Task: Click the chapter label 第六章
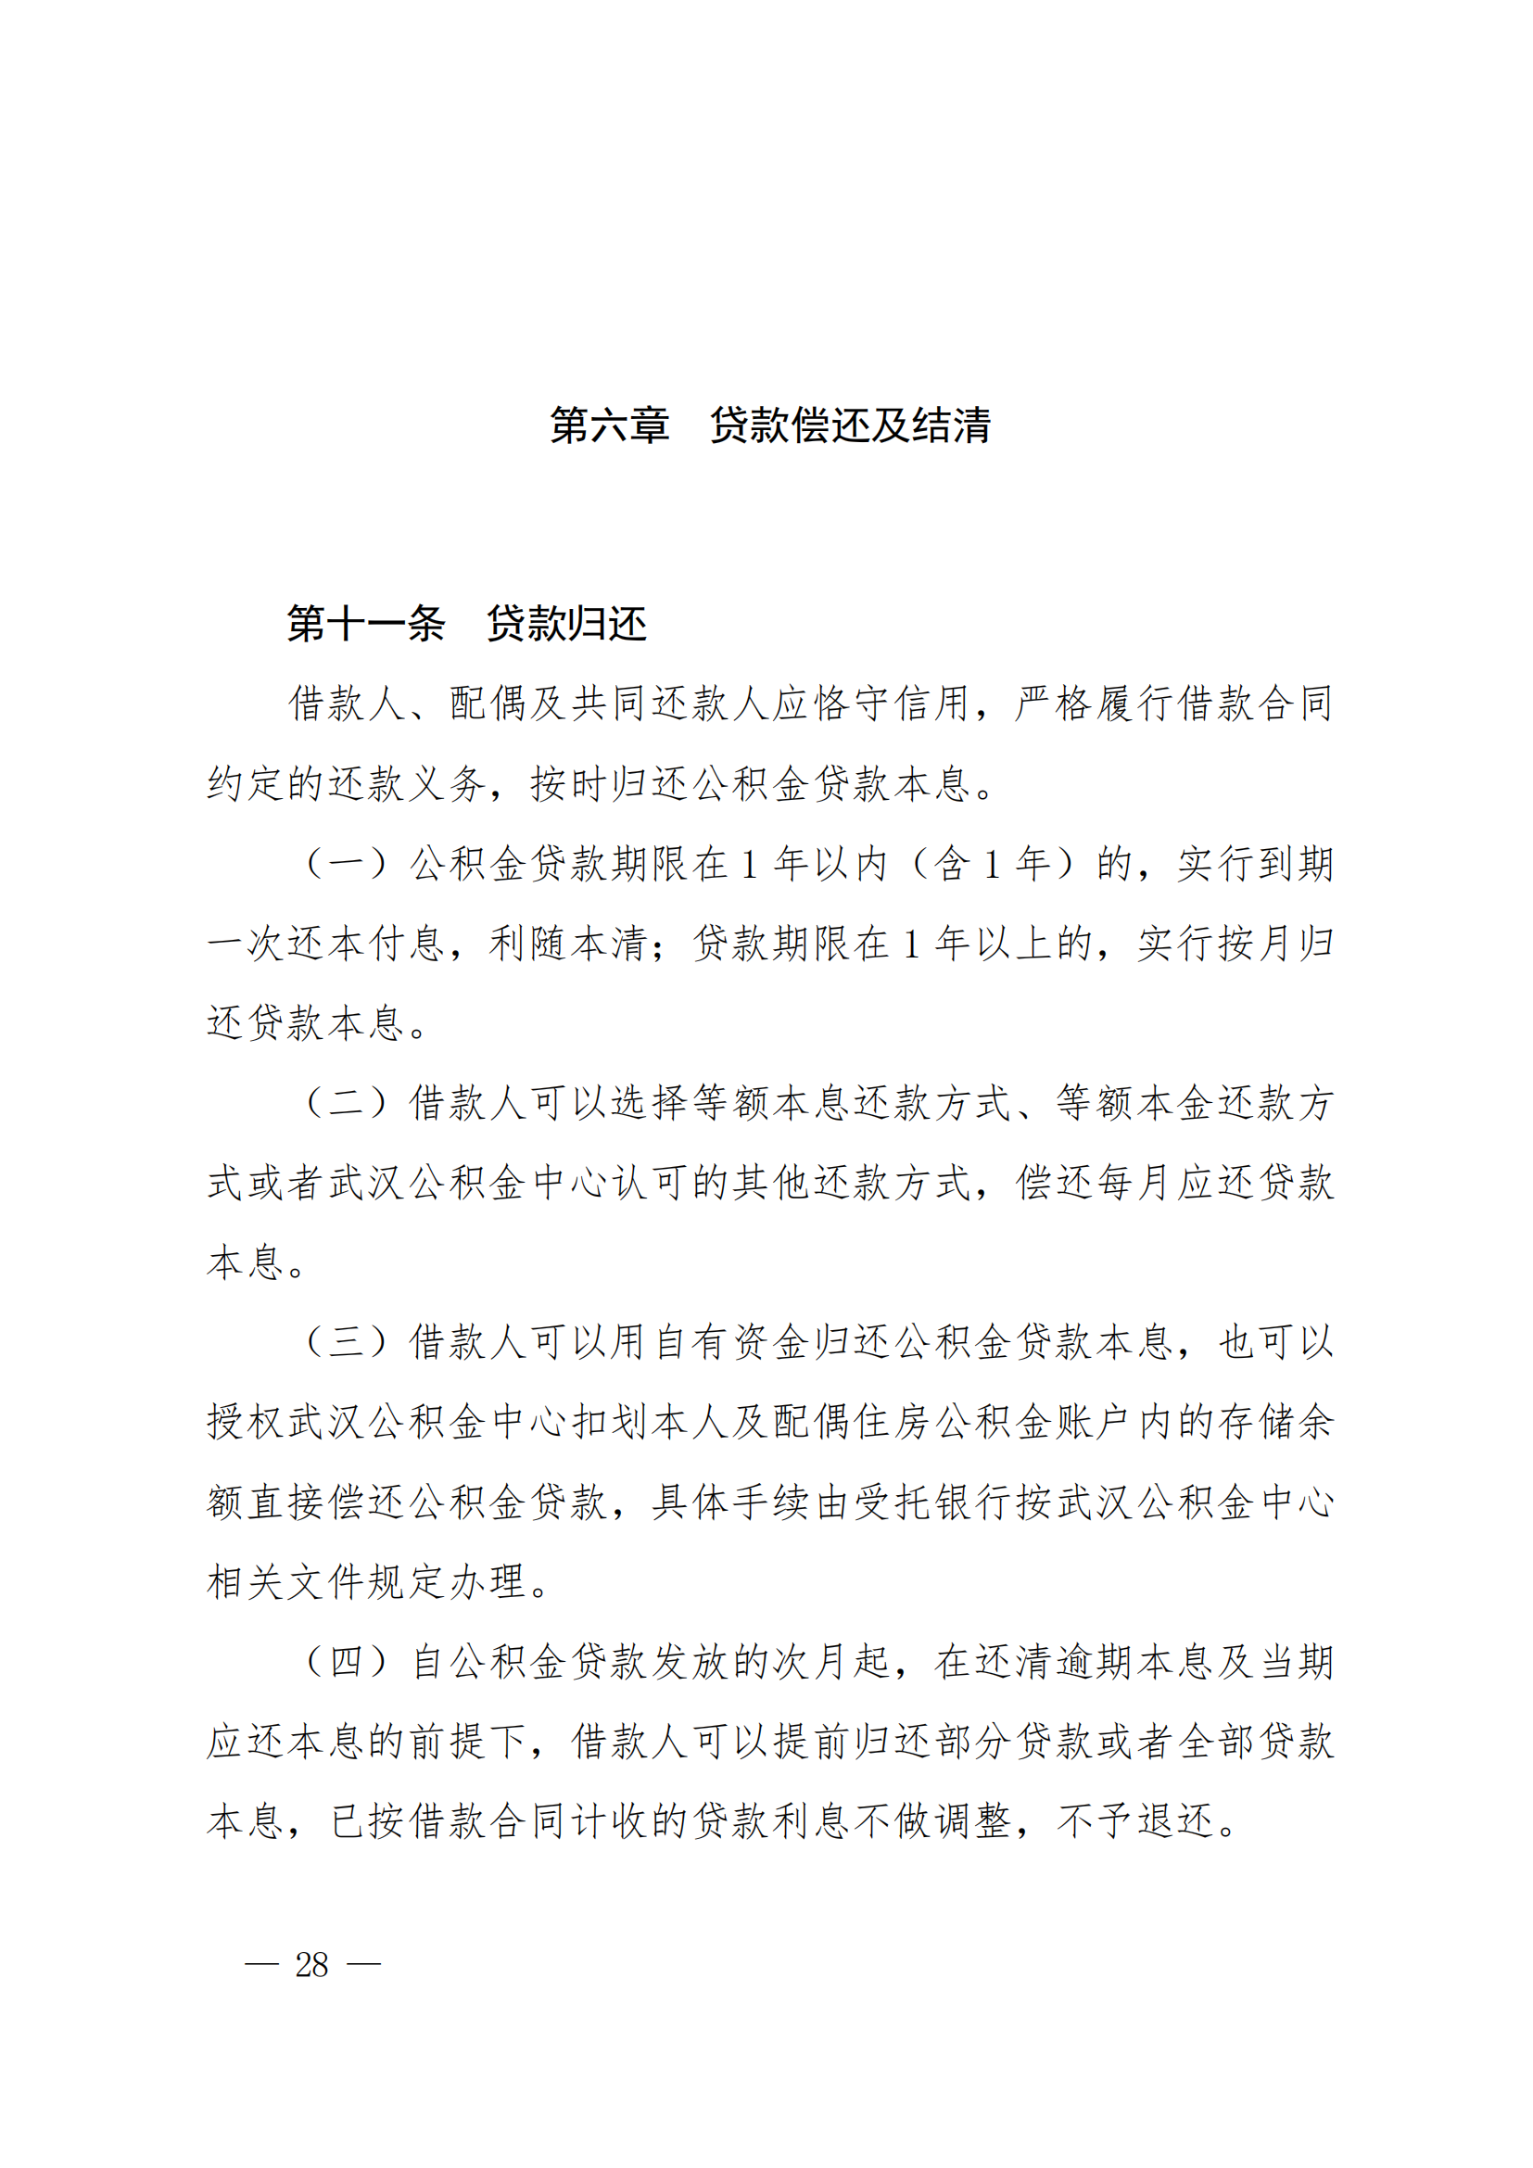coord(610,425)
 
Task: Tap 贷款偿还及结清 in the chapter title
coord(850,425)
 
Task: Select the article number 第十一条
coord(365,624)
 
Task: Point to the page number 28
coord(311,1965)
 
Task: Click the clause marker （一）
coord(347,864)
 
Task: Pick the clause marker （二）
coord(347,1103)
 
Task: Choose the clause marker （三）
coord(347,1342)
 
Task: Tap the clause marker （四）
coord(347,1661)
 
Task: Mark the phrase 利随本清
coord(568,944)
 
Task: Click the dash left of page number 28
coord(261,1965)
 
